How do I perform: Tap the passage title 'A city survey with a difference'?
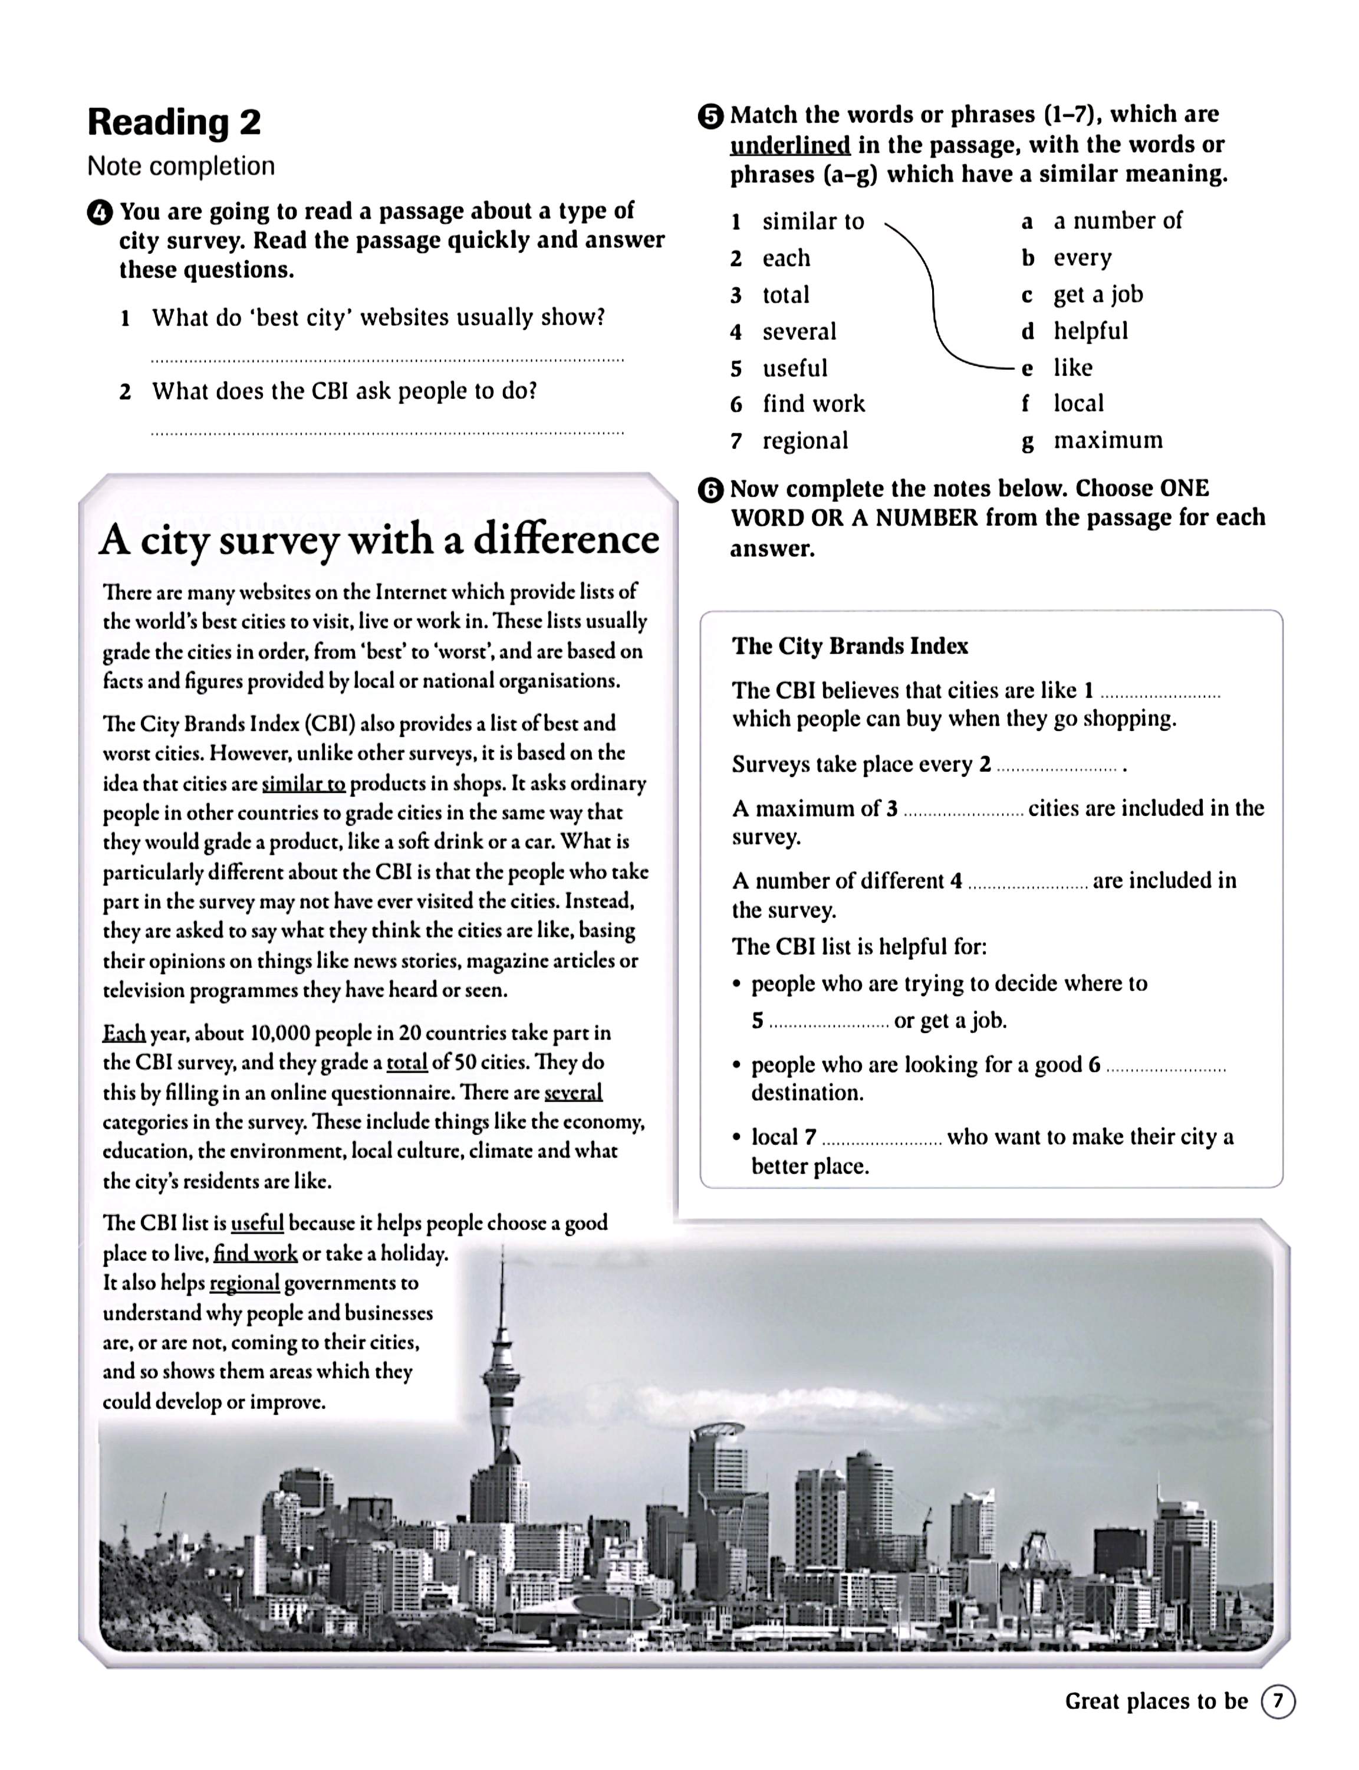click(379, 540)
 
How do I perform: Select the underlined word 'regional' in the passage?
click(244, 1283)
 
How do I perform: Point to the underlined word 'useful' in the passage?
click(257, 1223)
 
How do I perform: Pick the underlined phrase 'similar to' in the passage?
click(304, 784)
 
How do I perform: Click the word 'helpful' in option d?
click(1090, 331)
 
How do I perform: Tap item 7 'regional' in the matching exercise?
click(789, 441)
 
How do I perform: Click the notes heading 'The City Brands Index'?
click(850, 646)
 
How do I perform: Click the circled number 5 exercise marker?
click(710, 117)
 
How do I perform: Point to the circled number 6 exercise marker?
click(710, 490)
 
